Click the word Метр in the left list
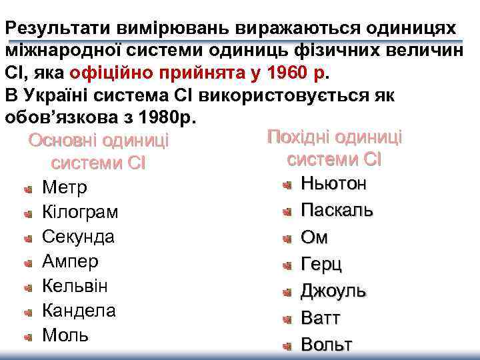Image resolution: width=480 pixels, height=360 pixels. coord(64,187)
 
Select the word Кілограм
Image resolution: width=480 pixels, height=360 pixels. coord(80,212)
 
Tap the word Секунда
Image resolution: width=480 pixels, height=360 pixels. coord(78,237)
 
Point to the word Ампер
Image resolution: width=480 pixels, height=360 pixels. coord(70,261)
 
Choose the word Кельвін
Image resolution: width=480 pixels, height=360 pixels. coord(75,286)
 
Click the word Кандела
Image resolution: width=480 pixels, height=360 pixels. coord(79,311)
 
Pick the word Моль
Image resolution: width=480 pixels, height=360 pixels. coord(65,335)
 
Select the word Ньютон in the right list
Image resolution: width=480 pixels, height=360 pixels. coord(333,183)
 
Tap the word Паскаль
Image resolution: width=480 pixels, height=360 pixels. coord(337,210)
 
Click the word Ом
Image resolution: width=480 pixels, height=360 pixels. coord(315,237)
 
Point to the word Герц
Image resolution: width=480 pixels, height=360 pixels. coord(321,264)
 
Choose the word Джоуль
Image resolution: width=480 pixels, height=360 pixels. coord(333,291)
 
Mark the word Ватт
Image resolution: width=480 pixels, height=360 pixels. coord(321,318)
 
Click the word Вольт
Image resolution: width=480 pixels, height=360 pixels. coord(326,345)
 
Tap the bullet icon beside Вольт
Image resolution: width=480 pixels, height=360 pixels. coord(287,346)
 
